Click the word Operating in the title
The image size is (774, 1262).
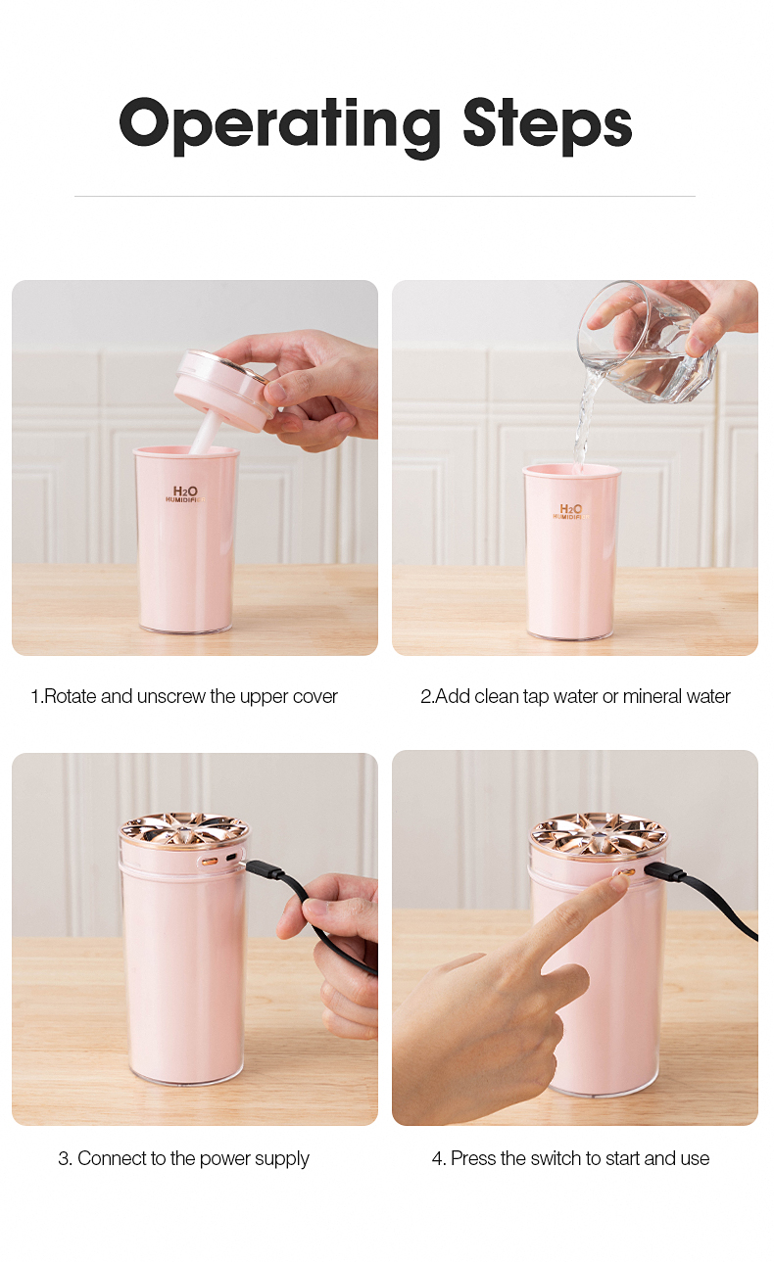pos(279,125)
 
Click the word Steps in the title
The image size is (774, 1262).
pos(547,125)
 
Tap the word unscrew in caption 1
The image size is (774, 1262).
pos(171,697)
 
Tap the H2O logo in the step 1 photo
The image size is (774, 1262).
pos(185,494)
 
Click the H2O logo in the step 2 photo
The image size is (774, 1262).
pos(571,511)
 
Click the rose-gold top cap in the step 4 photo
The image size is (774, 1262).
pos(598,835)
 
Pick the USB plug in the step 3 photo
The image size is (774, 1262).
pos(265,869)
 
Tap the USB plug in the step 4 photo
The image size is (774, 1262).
pos(665,871)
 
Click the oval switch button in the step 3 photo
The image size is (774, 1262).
pos(210,862)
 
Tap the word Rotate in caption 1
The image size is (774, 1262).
pos(71,697)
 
